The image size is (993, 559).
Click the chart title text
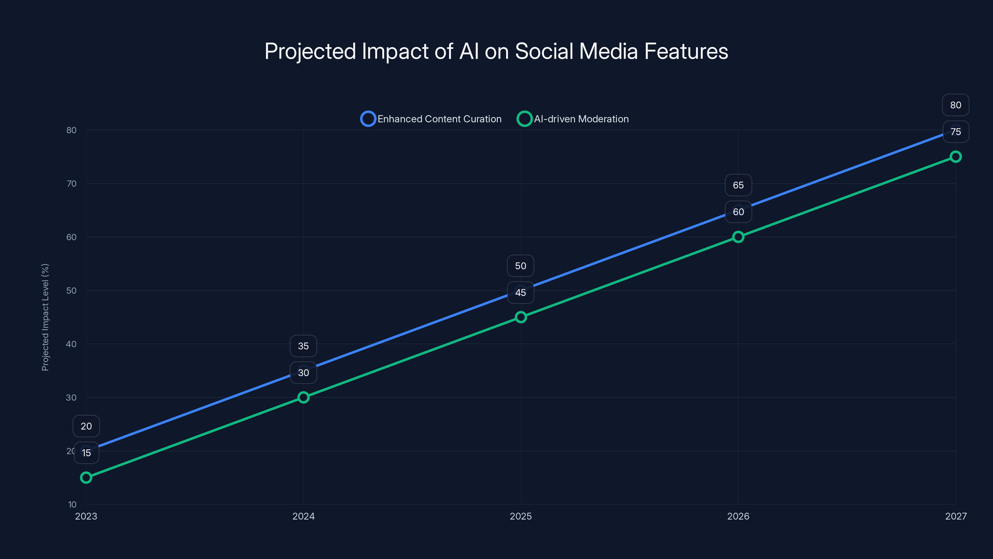[496, 51]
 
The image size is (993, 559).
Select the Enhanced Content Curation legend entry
[431, 119]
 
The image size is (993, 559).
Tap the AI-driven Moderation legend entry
[573, 119]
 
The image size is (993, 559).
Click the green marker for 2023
[86, 478]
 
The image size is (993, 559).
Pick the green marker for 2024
[303, 398]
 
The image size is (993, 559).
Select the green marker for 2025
[521, 317]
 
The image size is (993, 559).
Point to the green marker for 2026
[738, 237]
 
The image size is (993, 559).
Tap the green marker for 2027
[956, 157]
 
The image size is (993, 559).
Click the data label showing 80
[956, 105]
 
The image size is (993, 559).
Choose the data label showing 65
[738, 185]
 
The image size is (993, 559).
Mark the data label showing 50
[520, 266]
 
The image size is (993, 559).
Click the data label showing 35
[303, 346]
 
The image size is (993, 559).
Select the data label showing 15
[86, 453]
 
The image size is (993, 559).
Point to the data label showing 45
[520, 293]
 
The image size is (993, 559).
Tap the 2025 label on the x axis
[521, 516]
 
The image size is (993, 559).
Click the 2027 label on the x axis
[956, 516]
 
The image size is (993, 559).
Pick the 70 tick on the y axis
[71, 184]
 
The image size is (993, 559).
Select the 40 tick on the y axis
[71, 344]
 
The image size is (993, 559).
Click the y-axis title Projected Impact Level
[45, 317]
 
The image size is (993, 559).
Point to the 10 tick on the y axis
[72, 505]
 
